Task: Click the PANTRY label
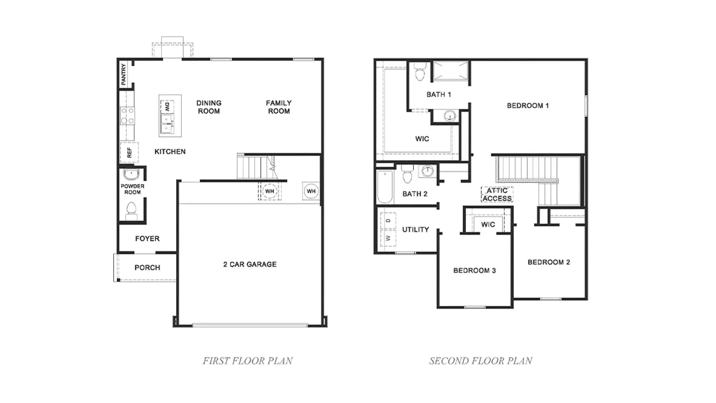coord(124,74)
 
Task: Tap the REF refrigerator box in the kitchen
coord(129,153)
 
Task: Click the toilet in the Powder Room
coord(132,211)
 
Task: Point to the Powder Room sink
coord(132,175)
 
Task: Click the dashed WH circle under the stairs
coord(269,191)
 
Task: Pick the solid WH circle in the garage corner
coord(311,191)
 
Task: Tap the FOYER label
coord(147,239)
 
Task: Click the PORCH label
coord(147,267)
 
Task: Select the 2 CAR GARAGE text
coord(250,264)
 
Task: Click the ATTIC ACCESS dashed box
coord(497,194)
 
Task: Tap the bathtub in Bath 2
coord(385,187)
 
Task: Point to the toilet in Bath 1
coord(420,72)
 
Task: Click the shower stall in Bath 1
coord(450,70)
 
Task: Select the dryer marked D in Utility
coord(388,221)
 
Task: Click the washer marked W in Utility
coord(388,238)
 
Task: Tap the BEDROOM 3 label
coord(474,270)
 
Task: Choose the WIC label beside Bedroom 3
coord(488,224)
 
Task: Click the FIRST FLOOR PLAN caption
coord(248,361)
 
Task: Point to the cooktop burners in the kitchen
coord(127,116)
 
